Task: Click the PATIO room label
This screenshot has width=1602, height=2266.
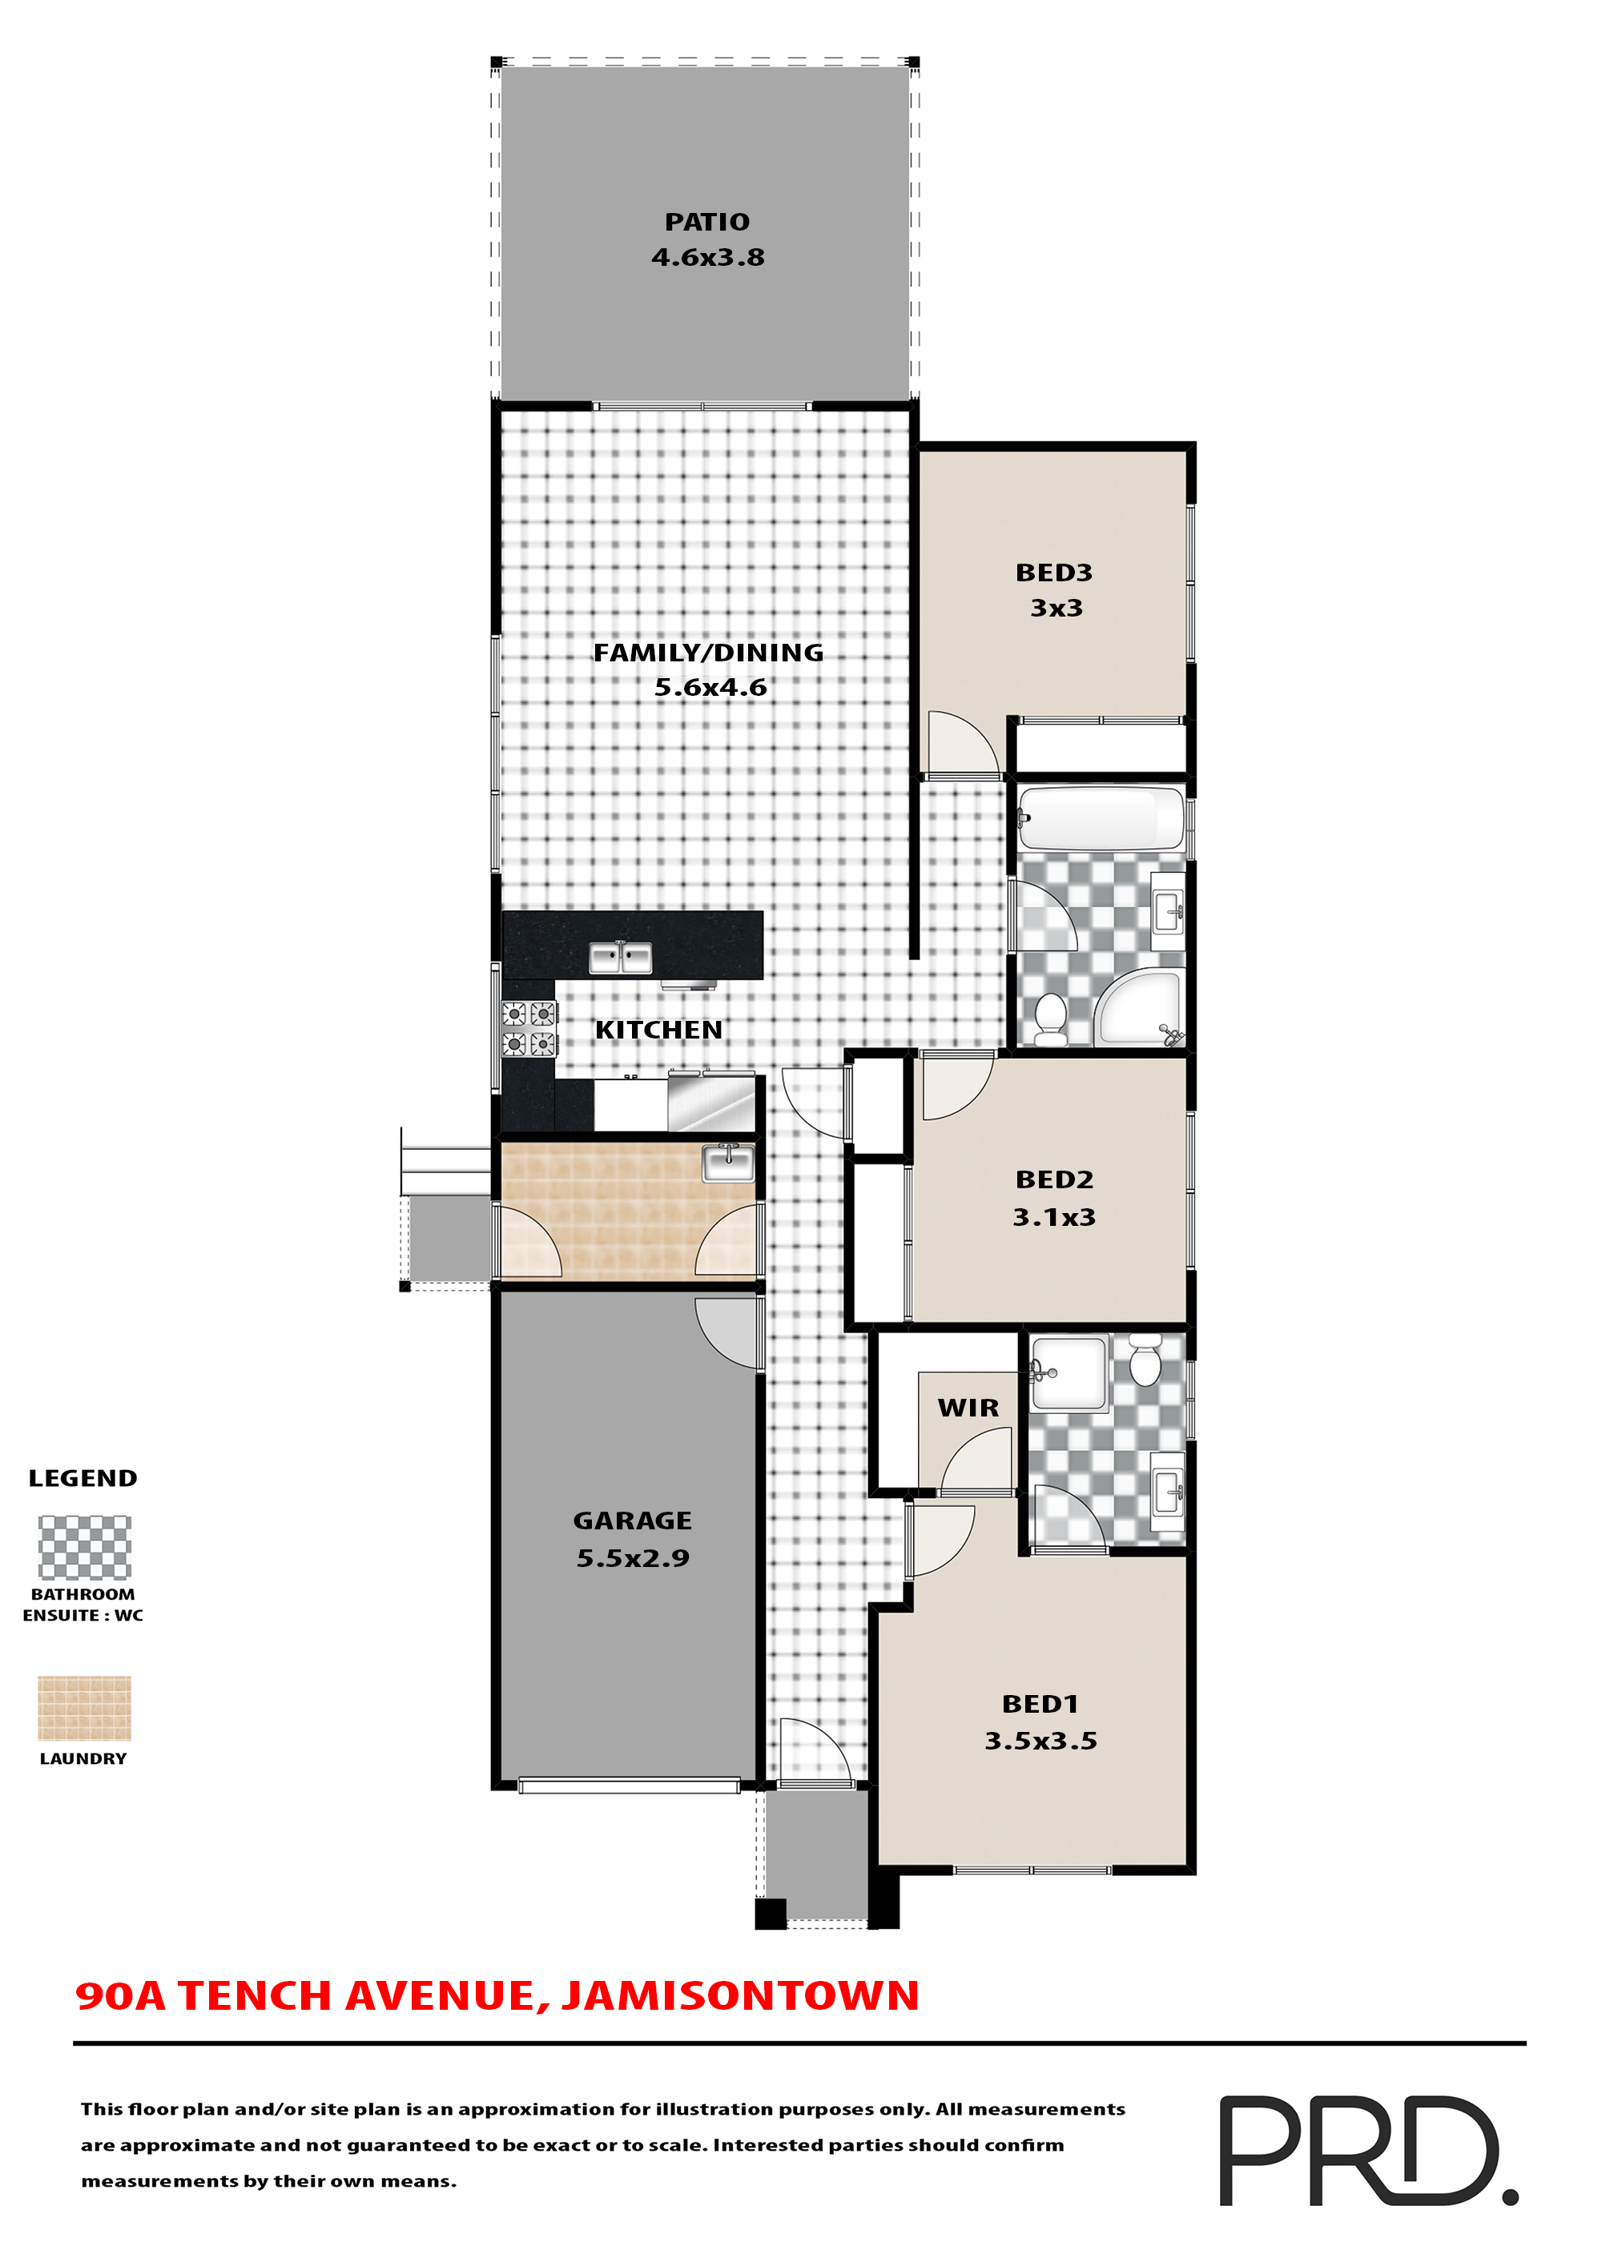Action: click(706, 222)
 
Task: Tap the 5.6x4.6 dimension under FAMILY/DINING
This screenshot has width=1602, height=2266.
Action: click(710, 687)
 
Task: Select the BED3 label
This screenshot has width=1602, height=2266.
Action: click(1053, 573)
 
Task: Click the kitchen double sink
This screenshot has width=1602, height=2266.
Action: click(620, 958)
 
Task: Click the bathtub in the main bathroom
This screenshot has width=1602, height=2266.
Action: click(1101, 818)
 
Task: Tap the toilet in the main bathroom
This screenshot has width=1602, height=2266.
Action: click(1050, 1018)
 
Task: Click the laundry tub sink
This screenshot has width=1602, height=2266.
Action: click(727, 1162)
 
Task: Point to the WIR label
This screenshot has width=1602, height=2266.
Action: click(968, 1408)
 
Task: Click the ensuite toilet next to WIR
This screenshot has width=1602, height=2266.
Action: click(1145, 1361)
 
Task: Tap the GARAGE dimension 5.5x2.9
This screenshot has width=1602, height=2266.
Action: click(633, 1557)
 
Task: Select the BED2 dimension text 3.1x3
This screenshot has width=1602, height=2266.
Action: click(1053, 1217)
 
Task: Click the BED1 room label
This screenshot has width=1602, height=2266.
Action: click(1040, 1703)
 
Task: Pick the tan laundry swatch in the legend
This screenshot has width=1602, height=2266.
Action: click(84, 1707)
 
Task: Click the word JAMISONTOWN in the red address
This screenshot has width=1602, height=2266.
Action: click(740, 1995)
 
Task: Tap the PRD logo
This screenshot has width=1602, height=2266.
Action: click(1367, 2151)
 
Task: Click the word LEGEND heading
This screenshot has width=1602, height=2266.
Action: click(83, 1477)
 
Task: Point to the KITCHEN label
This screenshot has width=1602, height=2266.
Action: click(658, 1030)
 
